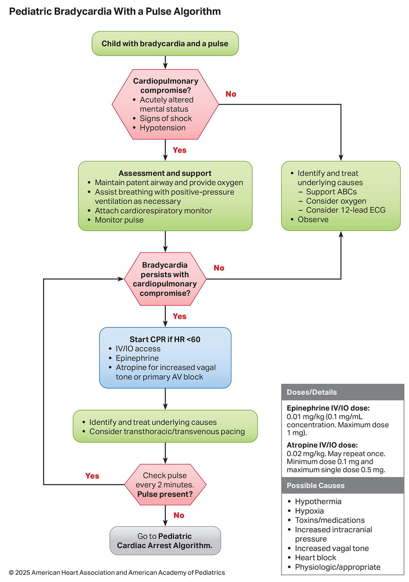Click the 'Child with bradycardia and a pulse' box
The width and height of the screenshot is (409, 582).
(165, 44)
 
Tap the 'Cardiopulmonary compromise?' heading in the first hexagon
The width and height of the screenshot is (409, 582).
(165, 85)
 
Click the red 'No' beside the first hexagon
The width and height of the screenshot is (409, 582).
(231, 94)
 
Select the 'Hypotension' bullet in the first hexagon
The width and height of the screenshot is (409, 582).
(163, 128)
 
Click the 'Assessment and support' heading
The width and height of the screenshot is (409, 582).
(165, 173)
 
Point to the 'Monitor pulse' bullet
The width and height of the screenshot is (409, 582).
(119, 220)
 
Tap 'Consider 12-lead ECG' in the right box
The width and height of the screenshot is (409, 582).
(345, 210)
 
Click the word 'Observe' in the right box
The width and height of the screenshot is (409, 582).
(313, 220)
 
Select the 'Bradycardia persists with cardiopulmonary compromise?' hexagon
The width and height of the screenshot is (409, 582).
(165, 279)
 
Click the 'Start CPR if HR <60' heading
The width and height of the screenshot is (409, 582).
(165, 340)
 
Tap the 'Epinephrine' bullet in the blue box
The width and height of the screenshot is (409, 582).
(137, 358)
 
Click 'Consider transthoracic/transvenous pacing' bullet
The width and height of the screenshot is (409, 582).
(167, 431)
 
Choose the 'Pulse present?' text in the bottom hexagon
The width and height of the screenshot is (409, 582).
(165, 494)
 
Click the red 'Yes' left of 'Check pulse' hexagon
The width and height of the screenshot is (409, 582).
(92, 476)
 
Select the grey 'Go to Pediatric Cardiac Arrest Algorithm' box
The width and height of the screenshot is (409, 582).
(165, 541)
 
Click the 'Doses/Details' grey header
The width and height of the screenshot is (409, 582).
(312, 392)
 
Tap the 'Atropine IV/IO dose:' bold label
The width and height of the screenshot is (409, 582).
(322, 445)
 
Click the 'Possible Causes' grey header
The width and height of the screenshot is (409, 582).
(316, 486)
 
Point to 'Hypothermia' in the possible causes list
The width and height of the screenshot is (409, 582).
(318, 502)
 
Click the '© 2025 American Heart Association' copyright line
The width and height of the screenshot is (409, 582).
(117, 572)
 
